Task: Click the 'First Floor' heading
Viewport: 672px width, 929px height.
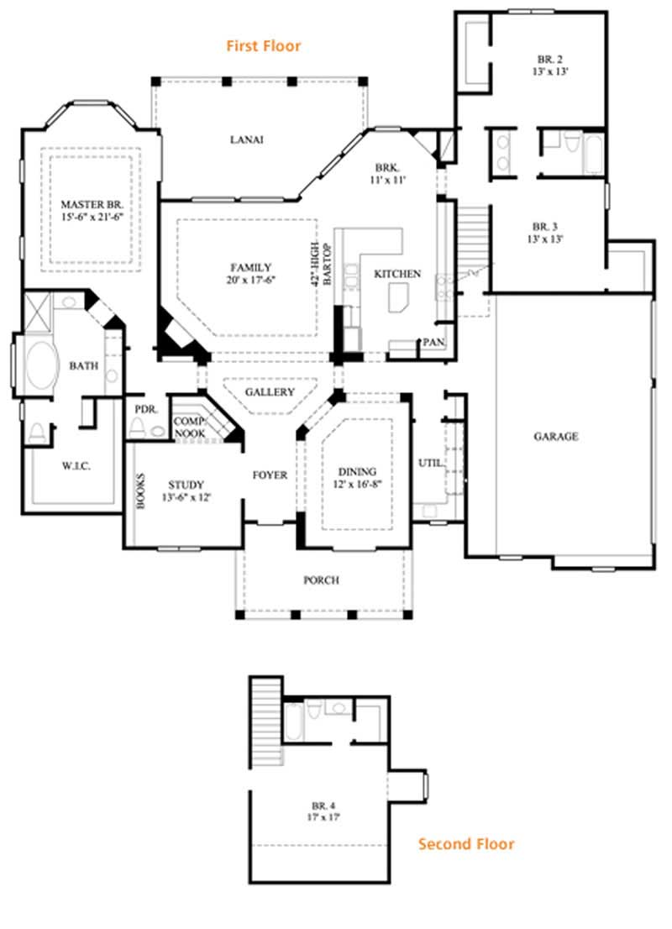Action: pos(263,45)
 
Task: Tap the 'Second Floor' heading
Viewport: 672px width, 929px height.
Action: pos(466,843)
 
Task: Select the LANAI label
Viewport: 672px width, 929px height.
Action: pos(247,139)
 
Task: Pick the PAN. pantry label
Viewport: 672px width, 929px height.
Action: pos(433,342)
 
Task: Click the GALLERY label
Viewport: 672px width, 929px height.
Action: pos(270,392)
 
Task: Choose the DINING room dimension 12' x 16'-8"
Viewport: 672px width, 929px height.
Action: pos(357,485)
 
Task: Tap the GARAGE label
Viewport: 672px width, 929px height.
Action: pos(555,437)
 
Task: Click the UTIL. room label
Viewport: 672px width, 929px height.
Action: pos(431,463)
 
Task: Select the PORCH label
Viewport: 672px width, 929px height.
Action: pos(321,580)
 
